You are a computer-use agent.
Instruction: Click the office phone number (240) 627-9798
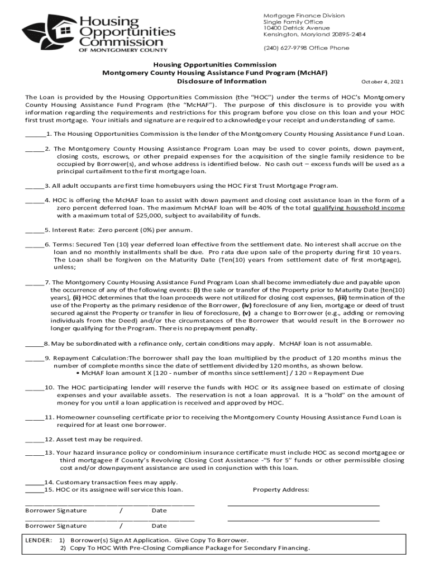tap(285, 48)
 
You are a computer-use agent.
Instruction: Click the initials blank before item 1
tap(35, 135)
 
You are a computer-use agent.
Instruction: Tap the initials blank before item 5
tap(34, 231)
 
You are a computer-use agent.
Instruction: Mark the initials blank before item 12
tap(34, 440)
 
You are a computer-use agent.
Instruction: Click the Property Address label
tap(281, 490)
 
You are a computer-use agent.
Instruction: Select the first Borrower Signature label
tap(56, 511)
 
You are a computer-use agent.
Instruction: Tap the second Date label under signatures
tap(159, 526)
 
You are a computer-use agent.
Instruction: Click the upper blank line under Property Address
tap(303, 504)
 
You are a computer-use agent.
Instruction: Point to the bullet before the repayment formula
tap(77, 373)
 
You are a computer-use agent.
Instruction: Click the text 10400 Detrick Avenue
tap(297, 28)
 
